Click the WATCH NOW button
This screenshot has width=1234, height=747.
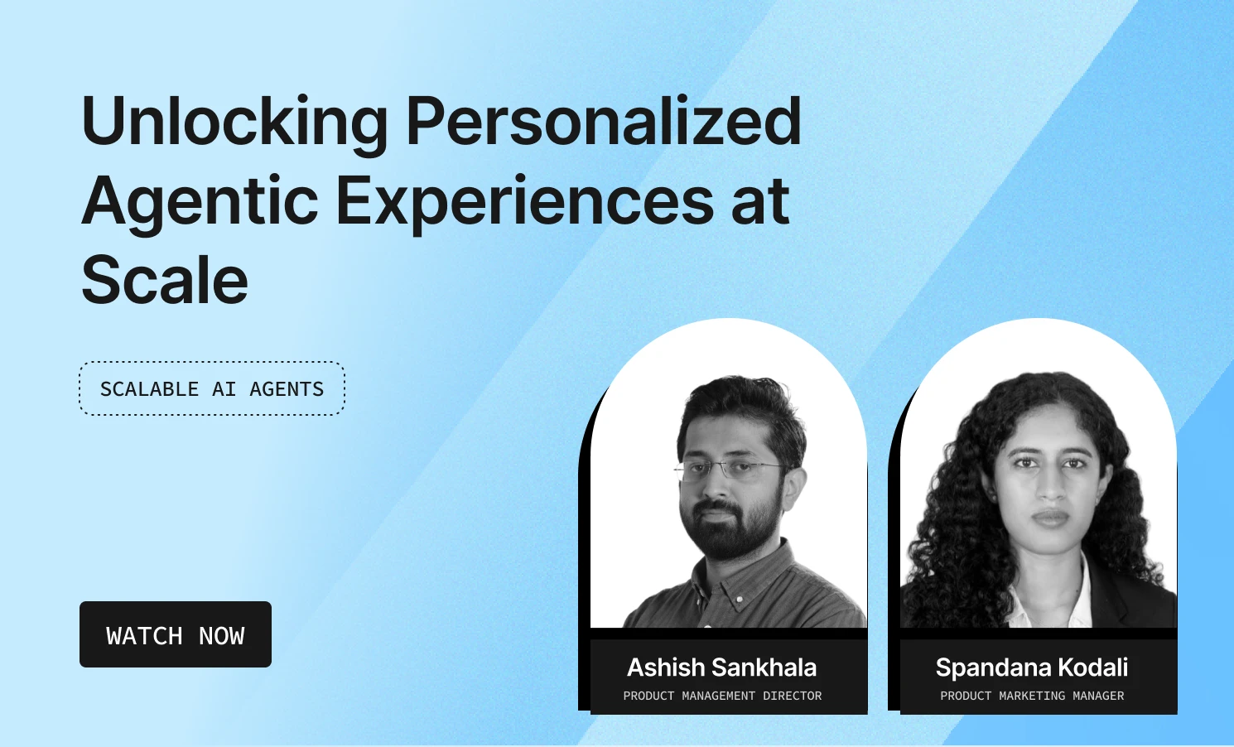click(176, 634)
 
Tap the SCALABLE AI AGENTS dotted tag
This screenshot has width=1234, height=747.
click(212, 388)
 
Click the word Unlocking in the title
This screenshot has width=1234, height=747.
click(234, 123)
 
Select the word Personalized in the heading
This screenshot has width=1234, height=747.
click(603, 123)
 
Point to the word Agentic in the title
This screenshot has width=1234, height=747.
click(200, 201)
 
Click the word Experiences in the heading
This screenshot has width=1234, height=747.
click(524, 201)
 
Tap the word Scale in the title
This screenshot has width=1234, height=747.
click(165, 280)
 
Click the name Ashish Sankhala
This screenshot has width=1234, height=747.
click(722, 667)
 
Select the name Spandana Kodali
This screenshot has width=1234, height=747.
click(1032, 667)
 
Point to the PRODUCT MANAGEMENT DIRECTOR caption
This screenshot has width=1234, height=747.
click(722, 696)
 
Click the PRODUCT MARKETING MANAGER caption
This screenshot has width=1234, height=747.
click(1032, 696)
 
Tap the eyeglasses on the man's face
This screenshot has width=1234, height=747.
click(729, 470)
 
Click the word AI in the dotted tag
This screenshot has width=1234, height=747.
click(224, 388)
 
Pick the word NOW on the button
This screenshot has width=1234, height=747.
click(222, 635)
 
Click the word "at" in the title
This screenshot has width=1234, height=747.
click(760, 201)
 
